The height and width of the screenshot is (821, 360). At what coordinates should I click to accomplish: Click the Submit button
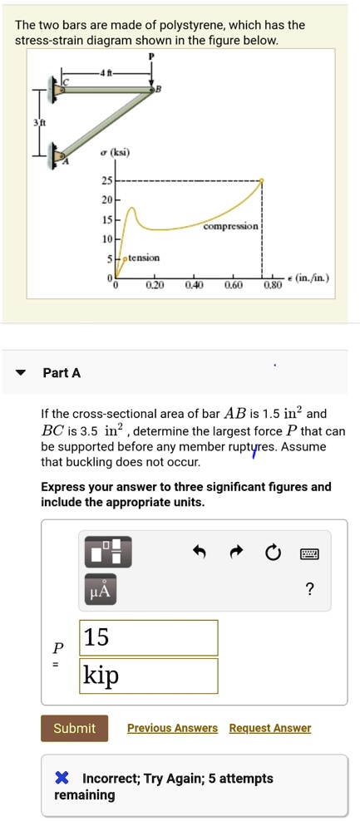tap(74, 728)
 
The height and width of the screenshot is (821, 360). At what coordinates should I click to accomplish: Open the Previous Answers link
tap(172, 728)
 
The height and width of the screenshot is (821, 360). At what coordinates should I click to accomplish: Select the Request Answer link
tap(270, 728)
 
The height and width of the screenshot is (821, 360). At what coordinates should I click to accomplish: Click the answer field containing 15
tap(148, 637)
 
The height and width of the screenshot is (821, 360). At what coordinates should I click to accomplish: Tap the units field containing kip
tap(148, 676)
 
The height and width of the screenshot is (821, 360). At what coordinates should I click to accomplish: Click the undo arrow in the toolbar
tap(199, 551)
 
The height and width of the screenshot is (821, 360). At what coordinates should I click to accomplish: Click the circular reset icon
tap(272, 552)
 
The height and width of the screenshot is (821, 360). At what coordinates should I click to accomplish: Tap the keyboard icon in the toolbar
tap(308, 553)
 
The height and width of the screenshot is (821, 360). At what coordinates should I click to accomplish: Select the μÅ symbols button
tap(100, 589)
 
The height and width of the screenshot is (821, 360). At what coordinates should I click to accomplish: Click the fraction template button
tap(108, 552)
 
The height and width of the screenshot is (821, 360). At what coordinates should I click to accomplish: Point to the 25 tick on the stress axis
tap(106, 181)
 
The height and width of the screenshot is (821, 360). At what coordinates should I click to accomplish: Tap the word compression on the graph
tap(230, 226)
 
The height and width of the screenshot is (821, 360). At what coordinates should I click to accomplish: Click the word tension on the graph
tap(144, 258)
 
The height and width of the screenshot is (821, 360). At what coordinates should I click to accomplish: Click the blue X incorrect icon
tap(62, 779)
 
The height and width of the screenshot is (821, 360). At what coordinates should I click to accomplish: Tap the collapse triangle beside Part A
tap(21, 373)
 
